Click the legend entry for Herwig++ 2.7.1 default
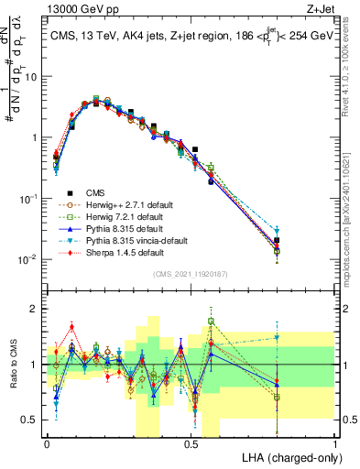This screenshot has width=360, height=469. tap(124, 204)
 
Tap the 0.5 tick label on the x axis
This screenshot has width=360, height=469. tap(191, 442)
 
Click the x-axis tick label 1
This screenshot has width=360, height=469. tap(334, 442)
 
